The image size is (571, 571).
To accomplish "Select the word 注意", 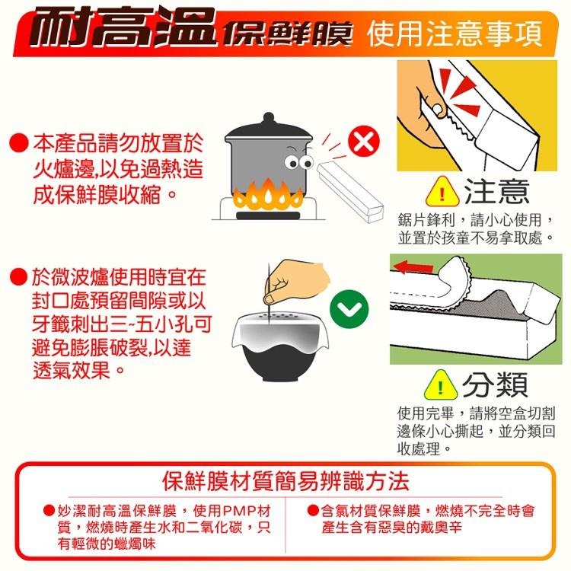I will [x=495, y=190].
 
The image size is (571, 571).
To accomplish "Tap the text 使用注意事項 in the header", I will [x=455, y=33].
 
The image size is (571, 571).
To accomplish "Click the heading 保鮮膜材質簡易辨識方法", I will [x=286, y=481].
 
